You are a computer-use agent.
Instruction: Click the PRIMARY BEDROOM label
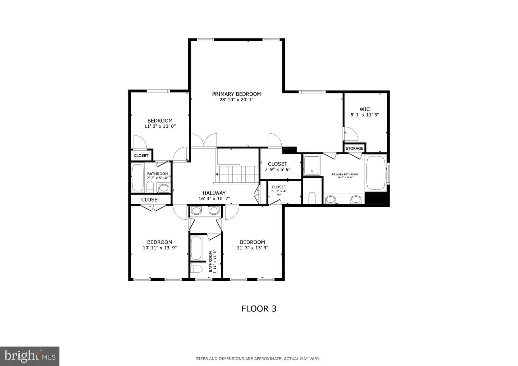pyautogui.click(x=236, y=94)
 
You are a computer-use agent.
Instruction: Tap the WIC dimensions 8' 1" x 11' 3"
pyautogui.click(x=364, y=115)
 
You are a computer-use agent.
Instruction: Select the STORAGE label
pyautogui.click(x=354, y=148)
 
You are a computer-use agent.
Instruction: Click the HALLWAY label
pyautogui.click(x=214, y=193)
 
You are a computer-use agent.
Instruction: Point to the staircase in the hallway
pyautogui.click(x=237, y=175)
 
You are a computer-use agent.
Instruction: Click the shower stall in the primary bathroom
pyautogui.click(x=312, y=165)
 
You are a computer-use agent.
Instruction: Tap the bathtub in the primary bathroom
pyautogui.click(x=376, y=173)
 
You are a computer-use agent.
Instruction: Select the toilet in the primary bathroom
pyautogui.click(x=312, y=198)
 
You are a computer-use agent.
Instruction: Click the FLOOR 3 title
pyautogui.click(x=259, y=309)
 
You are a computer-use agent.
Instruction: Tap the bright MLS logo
pyautogui.click(x=29, y=356)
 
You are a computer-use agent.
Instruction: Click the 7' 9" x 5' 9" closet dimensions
pyautogui.click(x=277, y=169)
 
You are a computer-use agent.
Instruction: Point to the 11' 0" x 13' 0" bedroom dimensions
pyautogui.click(x=160, y=127)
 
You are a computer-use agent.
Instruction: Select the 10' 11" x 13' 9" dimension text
pyautogui.click(x=160, y=248)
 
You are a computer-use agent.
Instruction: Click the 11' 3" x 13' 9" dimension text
pyautogui.click(x=253, y=248)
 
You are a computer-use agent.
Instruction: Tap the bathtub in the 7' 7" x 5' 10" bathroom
pyautogui.click(x=138, y=178)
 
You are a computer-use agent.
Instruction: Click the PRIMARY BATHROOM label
pyautogui.click(x=345, y=174)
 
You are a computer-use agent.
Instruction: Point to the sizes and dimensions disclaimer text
pyautogui.click(x=258, y=359)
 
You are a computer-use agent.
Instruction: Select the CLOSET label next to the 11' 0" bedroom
pyautogui.click(x=141, y=156)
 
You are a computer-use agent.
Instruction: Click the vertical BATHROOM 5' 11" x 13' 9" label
pyautogui.click(x=213, y=262)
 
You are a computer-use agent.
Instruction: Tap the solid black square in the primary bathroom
pyautogui.click(x=376, y=198)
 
